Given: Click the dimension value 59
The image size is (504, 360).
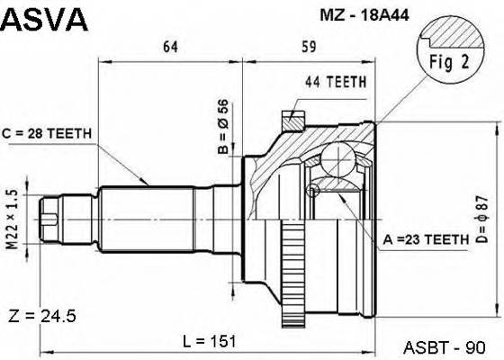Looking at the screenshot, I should tap(307, 47).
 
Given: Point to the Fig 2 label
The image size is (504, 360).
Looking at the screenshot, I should tap(441, 64).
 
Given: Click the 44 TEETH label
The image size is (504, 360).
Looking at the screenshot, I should tap(335, 82).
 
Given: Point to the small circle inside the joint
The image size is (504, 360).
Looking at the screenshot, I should tap(312, 190).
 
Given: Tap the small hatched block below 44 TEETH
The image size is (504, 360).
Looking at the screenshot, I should tap(292, 120).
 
